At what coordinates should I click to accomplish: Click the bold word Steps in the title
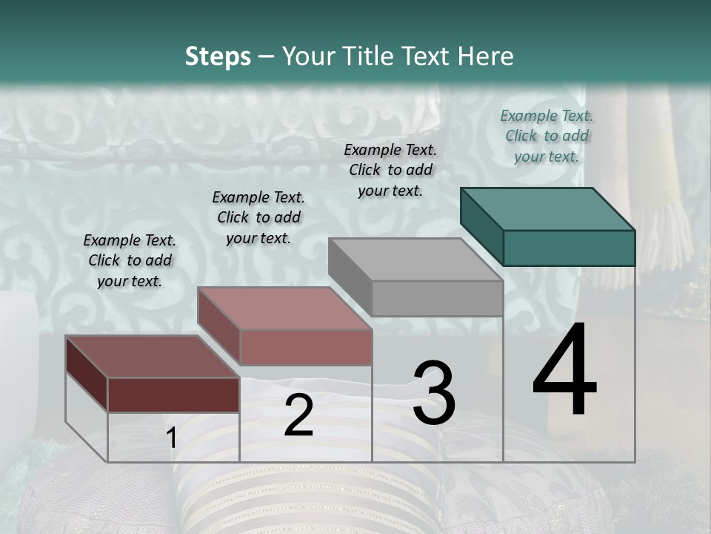point(218,56)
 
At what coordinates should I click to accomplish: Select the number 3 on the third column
point(433,393)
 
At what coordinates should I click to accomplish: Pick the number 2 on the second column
point(298,415)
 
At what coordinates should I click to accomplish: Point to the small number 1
point(171,438)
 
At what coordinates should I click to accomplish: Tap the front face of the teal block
point(569,248)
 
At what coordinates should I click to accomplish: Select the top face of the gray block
point(415,260)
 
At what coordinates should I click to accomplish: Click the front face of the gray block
point(437,298)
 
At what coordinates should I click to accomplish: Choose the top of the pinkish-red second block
point(284,309)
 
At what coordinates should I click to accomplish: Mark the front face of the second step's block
point(306,347)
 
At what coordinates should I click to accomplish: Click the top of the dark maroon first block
point(152,357)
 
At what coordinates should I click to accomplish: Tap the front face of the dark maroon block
point(173,395)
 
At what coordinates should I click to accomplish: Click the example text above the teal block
point(547,136)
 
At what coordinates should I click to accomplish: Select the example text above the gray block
point(390,170)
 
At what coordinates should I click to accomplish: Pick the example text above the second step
point(258,217)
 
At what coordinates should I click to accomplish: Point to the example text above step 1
point(130,260)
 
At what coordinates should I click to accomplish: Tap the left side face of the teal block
point(481,226)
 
